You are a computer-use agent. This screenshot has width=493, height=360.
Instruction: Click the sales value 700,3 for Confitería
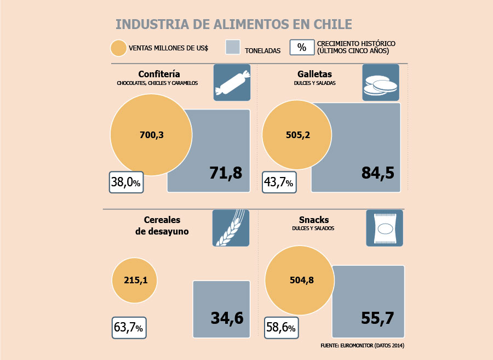pyautogui.click(x=152, y=135)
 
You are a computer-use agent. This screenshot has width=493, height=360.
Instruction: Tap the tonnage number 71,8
pyautogui.click(x=226, y=173)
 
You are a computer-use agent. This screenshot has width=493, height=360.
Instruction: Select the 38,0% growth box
pyautogui.click(x=127, y=182)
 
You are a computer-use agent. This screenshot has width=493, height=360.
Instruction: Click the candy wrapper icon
pyautogui.click(x=232, y=82)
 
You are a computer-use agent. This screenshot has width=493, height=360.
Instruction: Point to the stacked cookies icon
pyautogui.click(x=381, y=82)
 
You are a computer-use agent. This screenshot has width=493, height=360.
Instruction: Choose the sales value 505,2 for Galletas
pyautogui.click(x=298, y=135)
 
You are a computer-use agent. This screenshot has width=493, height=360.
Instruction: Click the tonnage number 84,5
pyautogui.click(x=377, y=173)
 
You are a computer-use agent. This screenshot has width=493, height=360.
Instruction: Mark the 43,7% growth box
pyautogui.click(x=279, y=182)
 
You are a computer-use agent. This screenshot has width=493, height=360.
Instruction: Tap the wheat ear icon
pyautogui.click(x=231, y=228)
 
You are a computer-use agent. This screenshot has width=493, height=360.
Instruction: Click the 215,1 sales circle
pyautogui.click(x=135, y=280)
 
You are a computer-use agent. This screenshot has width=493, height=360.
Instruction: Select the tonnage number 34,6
pyautogui.click(x=227, y=318)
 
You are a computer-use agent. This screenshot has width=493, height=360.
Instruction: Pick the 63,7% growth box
pyautogui.click(x=129, y=328)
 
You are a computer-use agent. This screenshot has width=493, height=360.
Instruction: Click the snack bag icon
pyautogui.click(x=385, y=228)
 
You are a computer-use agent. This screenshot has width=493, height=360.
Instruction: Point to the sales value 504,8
pyautogui.click(x=301, y=280)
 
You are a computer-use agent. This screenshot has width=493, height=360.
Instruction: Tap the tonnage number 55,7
pyautogui.click(x=377, y=318)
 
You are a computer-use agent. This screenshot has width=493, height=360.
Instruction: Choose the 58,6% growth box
pyautogui.click(x=282, y=328)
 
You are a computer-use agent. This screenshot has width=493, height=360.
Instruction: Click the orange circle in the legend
pyautogui.click(x=118, y=48)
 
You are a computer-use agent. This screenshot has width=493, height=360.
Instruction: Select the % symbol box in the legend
pyautogui.click(x=302, y=47)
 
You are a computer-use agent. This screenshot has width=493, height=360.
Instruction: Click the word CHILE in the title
pyautogui.click(x=333, y=24)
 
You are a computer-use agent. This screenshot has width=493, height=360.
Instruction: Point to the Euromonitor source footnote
pyautogui.click(x=362, y=346)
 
